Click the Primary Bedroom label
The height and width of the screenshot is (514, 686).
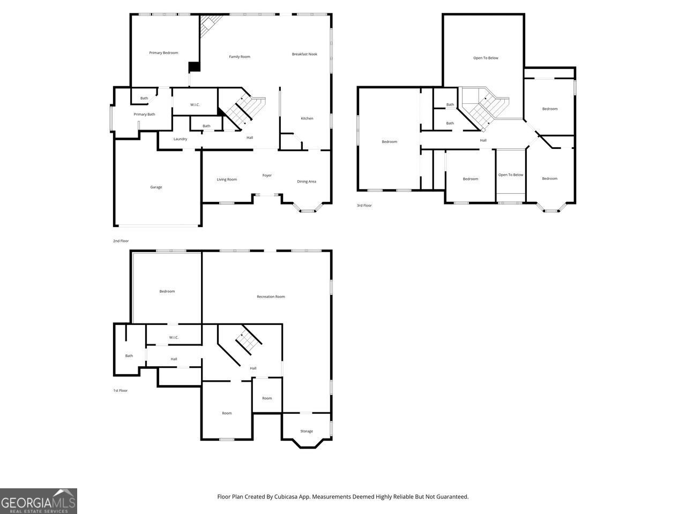click(x=163, y=52)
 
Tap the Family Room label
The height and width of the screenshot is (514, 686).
click(x=240, y=57)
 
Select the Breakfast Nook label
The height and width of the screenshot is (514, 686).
click(x=304, y=54)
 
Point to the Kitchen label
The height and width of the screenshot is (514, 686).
click(x=307, y=118)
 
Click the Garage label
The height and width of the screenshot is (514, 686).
click(x=156, y=187)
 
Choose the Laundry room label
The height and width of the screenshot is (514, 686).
click(x=180, y=139)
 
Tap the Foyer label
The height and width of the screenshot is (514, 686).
click(x=267, y=176)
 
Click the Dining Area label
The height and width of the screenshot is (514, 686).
click(x=307, y=182)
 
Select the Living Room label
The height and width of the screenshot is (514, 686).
click(x=227, y=179)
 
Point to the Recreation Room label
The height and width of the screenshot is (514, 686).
click(x=271, y=297)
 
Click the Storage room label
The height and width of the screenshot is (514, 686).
click(x=307, y=431)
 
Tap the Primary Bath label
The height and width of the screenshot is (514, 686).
click(x=144, y=114)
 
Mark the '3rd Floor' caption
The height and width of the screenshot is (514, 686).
click(x=364, y=206)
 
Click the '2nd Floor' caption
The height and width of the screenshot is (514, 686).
click(x=121, y=241)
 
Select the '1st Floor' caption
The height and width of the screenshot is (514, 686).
click(x=120, y=391)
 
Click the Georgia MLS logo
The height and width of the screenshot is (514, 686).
click(x=39, y=501)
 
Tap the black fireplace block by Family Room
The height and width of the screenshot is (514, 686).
click(x=194, y=67)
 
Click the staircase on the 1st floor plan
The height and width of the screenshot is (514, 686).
click(x=248, y=341)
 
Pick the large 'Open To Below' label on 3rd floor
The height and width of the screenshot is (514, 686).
click(x=486, y=58)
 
